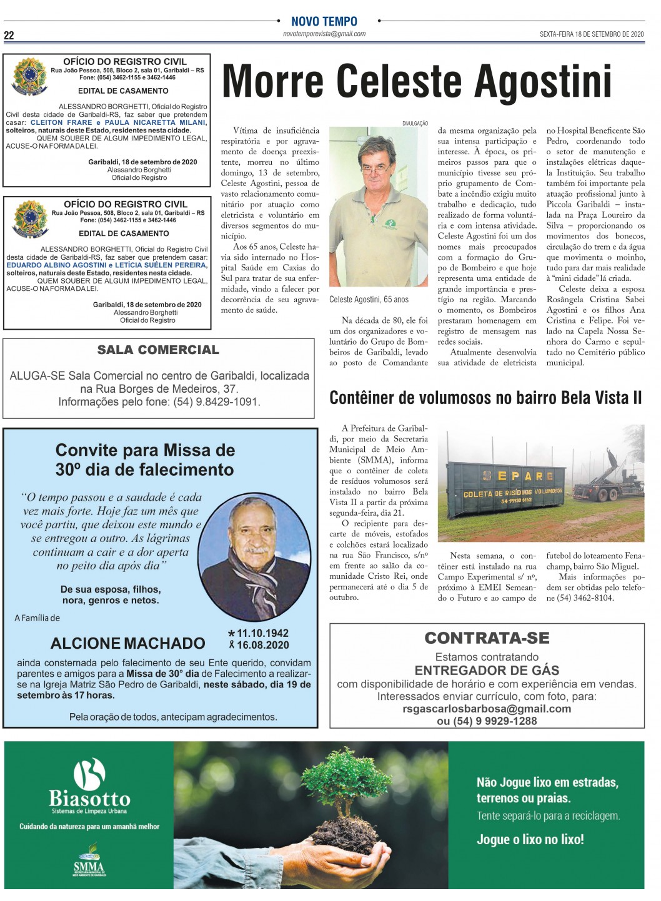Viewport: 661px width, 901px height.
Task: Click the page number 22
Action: [x=9, y=36]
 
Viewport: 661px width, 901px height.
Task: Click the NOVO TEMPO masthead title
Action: [x=324, y=21]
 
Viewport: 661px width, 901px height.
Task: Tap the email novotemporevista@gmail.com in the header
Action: [x=324, y=34]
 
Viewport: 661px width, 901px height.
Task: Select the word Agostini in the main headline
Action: [x=543, y=82]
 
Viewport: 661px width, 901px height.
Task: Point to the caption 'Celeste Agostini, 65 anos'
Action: [x=369, y=300]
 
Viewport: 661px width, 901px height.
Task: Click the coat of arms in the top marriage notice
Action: [x=29, y=77]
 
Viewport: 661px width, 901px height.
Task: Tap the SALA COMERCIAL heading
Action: [x=158, y=350]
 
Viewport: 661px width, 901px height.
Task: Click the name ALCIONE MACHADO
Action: [x=128, y=643]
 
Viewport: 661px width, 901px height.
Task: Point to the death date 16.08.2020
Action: [x=262, y=645]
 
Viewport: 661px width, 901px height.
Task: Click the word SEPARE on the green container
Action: [x=518, y=476]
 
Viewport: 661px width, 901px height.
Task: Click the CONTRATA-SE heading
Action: [x=487, y=638]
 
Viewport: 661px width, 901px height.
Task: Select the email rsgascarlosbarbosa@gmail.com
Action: [x=487, y=709]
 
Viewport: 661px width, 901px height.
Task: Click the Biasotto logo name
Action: [x=89, y=799]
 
